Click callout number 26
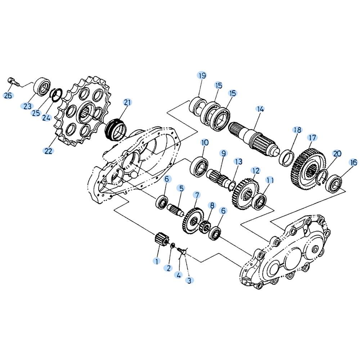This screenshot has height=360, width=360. [8, 95]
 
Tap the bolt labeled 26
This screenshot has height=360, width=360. [14, 82]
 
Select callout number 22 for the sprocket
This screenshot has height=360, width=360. [49, 151]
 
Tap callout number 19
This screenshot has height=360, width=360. [202, 76]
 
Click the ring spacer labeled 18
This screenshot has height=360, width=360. [287, 158]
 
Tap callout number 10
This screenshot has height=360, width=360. [205, 143]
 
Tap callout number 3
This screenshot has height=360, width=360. [189, 280]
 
